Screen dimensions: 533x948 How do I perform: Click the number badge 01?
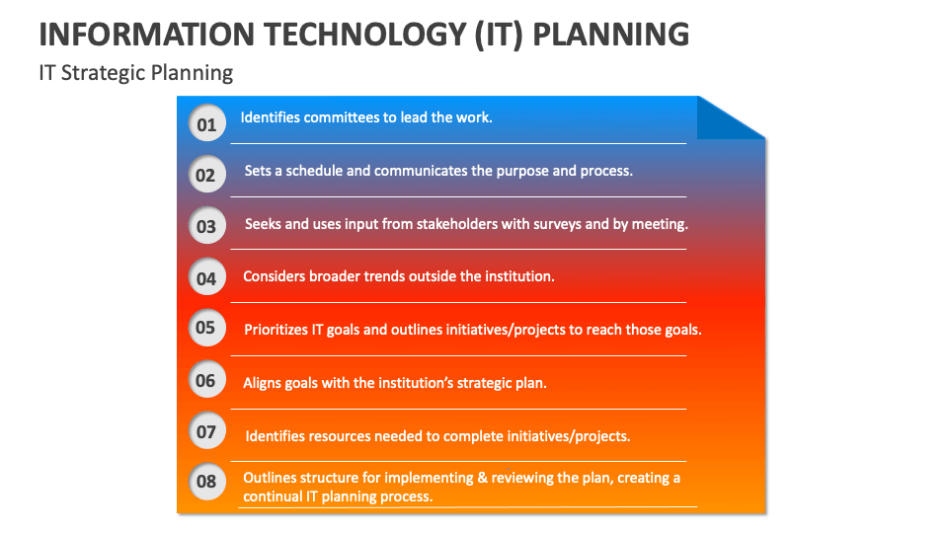205,123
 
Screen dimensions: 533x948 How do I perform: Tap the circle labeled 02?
205,175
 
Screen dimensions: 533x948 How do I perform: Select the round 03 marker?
205,226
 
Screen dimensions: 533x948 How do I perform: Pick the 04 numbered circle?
205,277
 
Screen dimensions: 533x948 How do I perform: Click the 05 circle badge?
205,328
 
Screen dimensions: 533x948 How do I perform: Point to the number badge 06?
205,380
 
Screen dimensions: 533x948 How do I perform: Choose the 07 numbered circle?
205,430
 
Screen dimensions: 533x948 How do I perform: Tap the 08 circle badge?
205,482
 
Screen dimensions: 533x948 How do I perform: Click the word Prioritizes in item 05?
280,330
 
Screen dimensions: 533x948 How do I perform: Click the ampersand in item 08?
483,478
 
